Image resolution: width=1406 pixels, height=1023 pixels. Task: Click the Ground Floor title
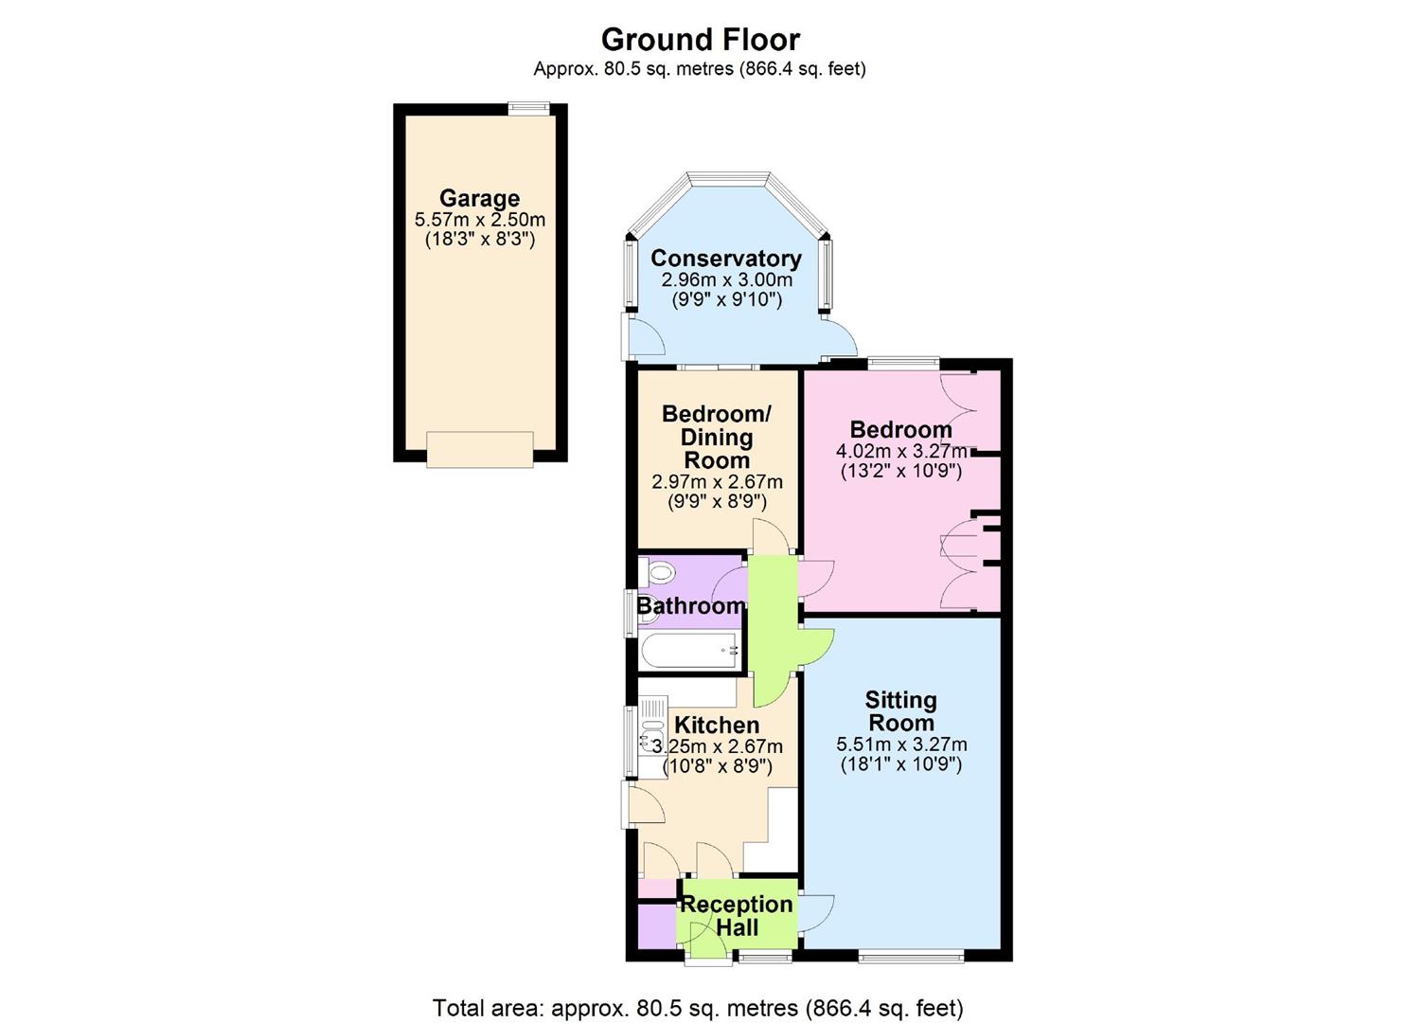701,40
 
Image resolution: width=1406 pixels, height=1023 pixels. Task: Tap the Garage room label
479,198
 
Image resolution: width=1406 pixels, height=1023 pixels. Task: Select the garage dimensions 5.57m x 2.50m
479,220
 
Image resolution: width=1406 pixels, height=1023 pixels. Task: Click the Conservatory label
726,258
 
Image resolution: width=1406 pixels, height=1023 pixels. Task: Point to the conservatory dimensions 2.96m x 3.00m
727,279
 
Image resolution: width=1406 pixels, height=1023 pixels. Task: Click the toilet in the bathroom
657,572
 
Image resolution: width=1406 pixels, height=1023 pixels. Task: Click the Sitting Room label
900,710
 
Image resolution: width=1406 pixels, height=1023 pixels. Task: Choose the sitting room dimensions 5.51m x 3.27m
901,745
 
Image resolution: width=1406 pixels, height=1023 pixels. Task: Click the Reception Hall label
737,916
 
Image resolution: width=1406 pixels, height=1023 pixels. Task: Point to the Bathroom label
691,606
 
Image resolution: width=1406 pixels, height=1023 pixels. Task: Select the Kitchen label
717,725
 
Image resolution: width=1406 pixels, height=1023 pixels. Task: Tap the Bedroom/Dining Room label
717,437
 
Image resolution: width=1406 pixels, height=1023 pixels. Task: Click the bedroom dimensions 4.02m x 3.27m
901,451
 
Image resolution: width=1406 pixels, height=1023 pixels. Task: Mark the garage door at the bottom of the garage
480,450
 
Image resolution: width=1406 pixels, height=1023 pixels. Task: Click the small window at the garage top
528,109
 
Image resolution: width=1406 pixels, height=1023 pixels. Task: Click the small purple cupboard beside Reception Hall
657,925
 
